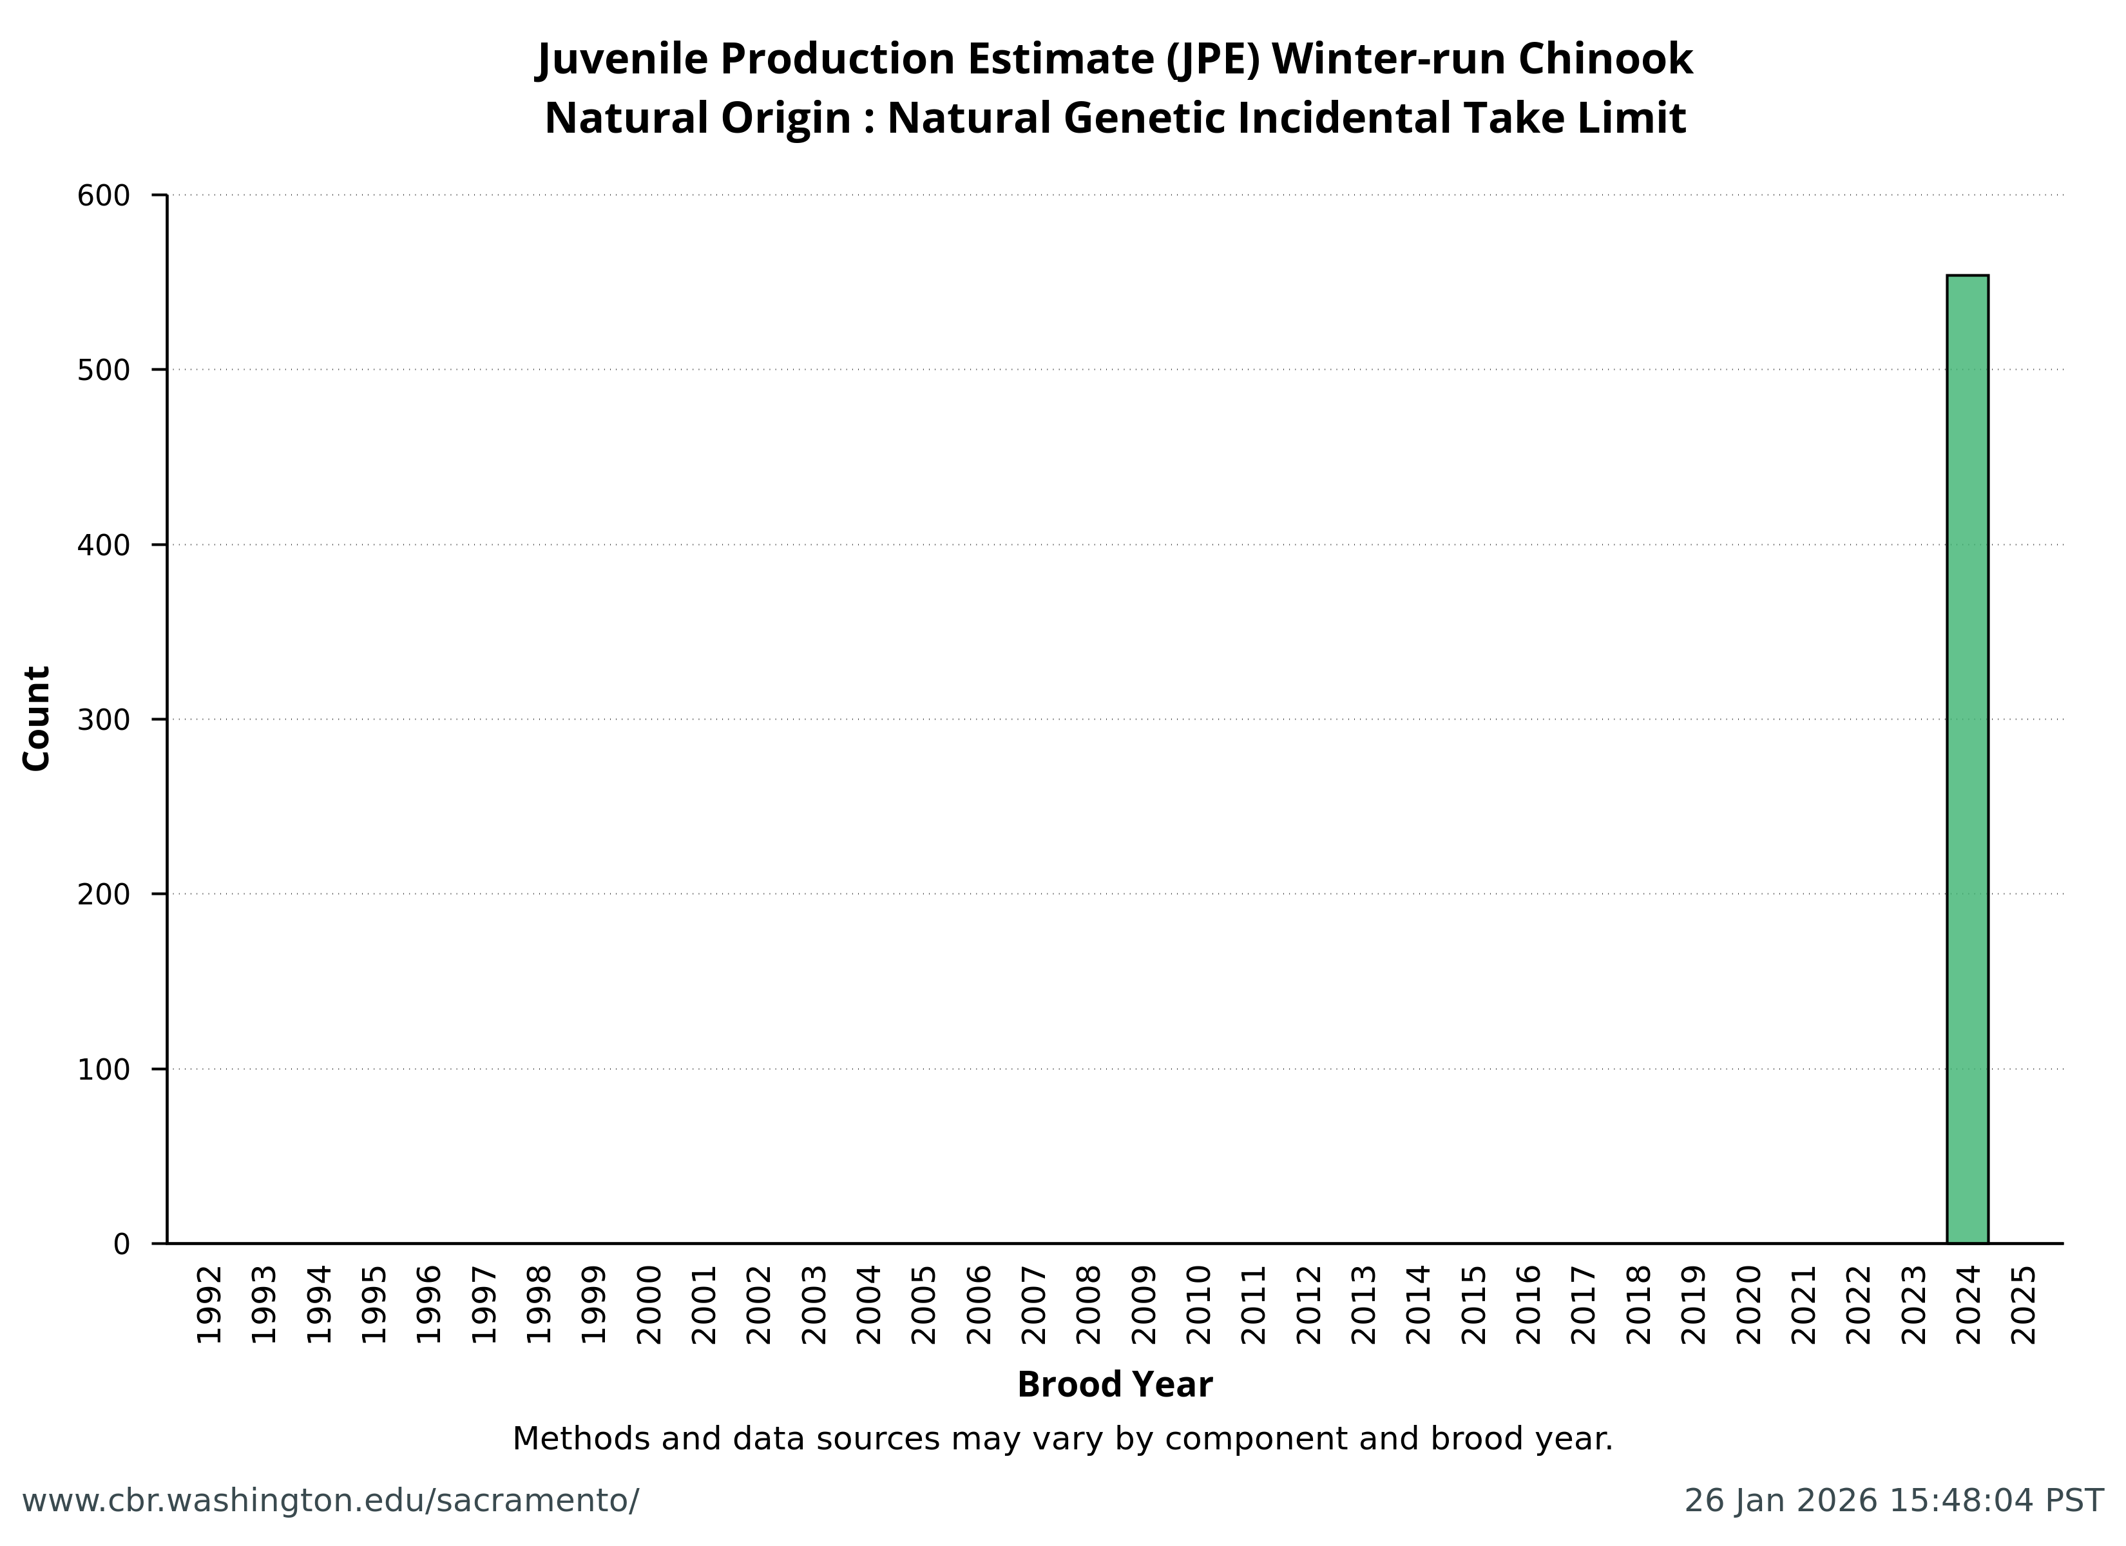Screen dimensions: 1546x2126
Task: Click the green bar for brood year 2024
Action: coord(1967,759)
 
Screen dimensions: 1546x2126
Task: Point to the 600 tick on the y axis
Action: coord(103,196)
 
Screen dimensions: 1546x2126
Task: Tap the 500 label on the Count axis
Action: coord(103,370)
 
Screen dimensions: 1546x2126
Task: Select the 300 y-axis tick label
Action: coord(103,720)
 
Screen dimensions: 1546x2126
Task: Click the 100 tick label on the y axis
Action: coord(103,1070)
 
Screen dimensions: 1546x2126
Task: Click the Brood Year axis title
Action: coord(1115,1386)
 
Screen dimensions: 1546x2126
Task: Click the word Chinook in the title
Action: coord(1605,59)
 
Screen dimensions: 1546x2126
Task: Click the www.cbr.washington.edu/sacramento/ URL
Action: coord(330,1501)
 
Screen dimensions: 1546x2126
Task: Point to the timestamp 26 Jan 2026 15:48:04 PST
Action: coord(1893,1501)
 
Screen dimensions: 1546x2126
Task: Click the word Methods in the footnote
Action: coord(581,1439)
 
